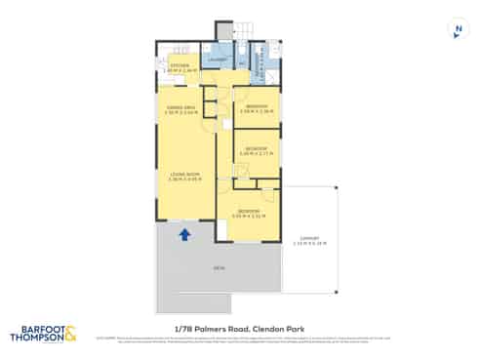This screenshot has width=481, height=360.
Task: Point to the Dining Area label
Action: (x=181, y=109)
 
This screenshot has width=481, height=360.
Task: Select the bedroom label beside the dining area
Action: (x=256, y=106)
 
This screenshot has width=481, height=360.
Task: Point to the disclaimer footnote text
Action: (x=240, y=341)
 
